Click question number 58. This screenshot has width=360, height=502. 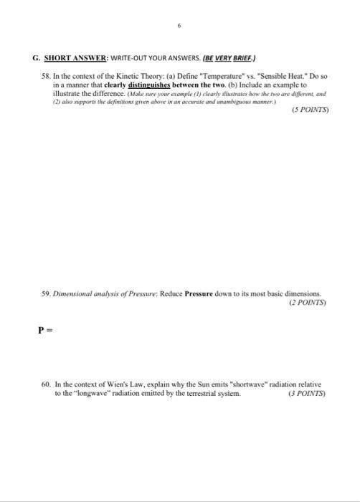tap(47, 74)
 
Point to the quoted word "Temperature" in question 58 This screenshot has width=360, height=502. tap(212, 74)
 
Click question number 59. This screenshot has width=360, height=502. tap(47, 293)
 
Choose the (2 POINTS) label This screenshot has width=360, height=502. tap(307, 303)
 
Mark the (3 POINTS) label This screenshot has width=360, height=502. tap(306, 394)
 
